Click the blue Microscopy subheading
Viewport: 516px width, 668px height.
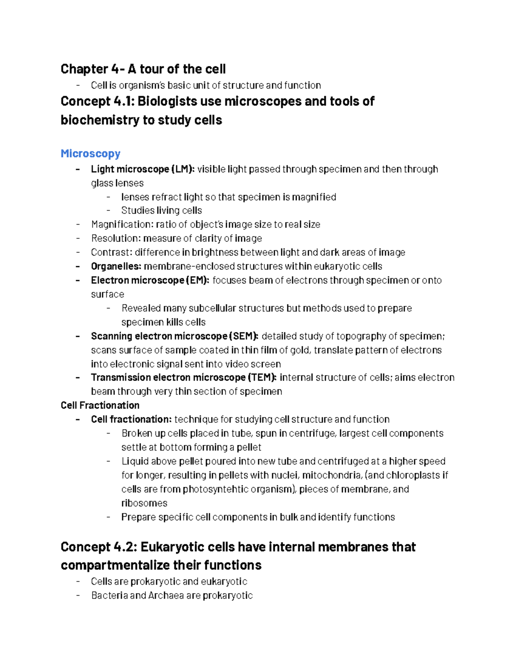click(x=90, y=154)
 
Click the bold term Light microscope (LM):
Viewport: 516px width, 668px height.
click(x=142, y=169)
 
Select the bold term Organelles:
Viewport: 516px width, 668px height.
click(x=116, y=266)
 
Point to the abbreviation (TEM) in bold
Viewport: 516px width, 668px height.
click(x=262, y=377)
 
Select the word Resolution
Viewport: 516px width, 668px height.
click(x=115, y=238)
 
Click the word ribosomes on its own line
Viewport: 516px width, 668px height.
click(x=144, y=503)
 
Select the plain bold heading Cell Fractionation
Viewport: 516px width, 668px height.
click(x=100, y=405)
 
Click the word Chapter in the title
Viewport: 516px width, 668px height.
click(x=84, y=69)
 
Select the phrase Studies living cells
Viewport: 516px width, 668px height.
click(x=161, y=210)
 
